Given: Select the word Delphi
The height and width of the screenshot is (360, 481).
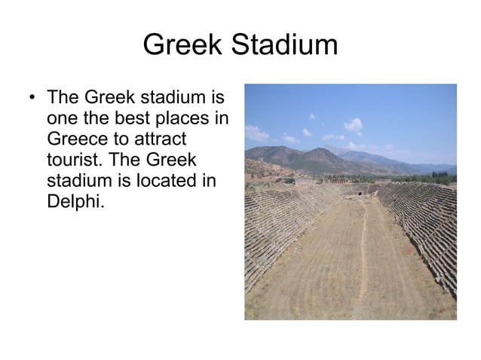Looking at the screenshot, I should point(73,203).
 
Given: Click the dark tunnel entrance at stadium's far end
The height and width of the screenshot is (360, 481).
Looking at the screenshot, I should point(360,194).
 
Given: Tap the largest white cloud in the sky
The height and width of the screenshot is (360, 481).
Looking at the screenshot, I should point(352,124).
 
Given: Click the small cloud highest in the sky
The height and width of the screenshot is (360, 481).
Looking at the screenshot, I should point(311,116).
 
